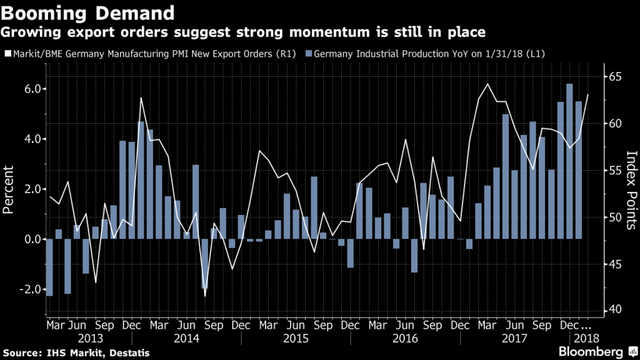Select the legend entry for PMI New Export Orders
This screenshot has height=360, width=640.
[153, 54]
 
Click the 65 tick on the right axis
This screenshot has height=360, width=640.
[616, 76]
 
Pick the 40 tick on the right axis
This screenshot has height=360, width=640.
[616, 309]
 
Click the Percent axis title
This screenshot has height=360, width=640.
[9, 189]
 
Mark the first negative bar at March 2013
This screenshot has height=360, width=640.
[49, 267]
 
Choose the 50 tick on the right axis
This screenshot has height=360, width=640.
[616, 217]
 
